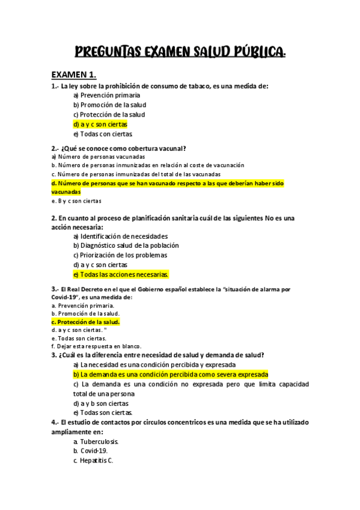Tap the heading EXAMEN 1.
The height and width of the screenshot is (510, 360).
click(x=74, y=75)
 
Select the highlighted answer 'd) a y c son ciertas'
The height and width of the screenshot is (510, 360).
click(x=100, y=124)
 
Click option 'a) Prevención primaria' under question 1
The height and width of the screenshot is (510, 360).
click(x=106, y=95)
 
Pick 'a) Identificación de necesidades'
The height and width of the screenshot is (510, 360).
click(x=120, y=236)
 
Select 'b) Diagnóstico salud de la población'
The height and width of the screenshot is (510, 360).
click(x=126, y=245)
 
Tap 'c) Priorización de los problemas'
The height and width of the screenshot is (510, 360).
click(x=120, y=255)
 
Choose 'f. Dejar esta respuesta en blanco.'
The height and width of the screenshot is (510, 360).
click(x=96, y=346)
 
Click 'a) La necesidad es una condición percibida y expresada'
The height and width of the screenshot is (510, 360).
click(x=154, y=364)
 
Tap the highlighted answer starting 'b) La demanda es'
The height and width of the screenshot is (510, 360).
click(x=171, y=374)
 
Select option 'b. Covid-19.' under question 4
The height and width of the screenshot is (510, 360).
click(x=91, y=451)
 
